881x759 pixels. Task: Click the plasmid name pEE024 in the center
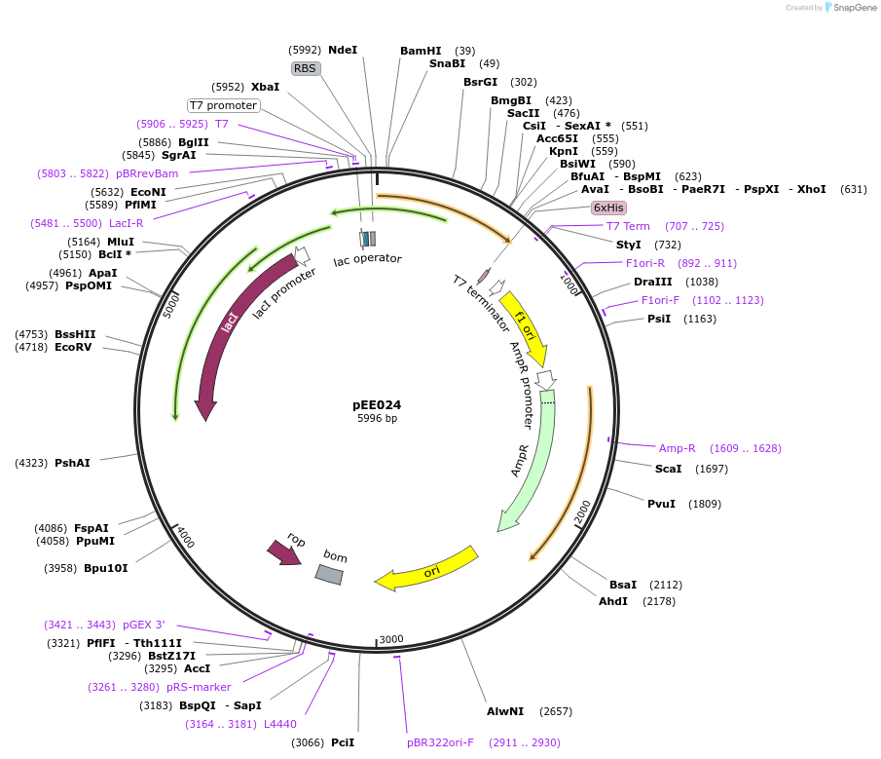pyautogui.click(x=376, y=405)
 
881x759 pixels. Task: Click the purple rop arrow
pyautogui.click(x=284, y=551)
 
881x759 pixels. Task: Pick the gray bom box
pyautogui.click(x=329, y=575)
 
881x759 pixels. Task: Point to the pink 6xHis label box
pyautogui.click(x=608, y=208)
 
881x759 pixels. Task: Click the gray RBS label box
pyautogui.click(x=306, y=68)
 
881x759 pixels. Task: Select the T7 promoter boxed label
pyautogui.click(x=223, y=105)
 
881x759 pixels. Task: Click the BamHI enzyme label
pyautogui.click(x=421, y=51)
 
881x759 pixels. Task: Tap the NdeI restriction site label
pyautogui.click(x=343, y=50)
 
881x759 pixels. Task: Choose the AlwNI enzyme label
pyautogui.click(x=505, y=711)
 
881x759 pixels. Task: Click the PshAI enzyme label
pyautogui.click(x=72, y=463)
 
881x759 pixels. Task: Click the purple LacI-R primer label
pyautogui.click(x=126, y=223)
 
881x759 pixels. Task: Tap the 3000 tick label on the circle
pyautogui.click(x=391, y=639)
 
